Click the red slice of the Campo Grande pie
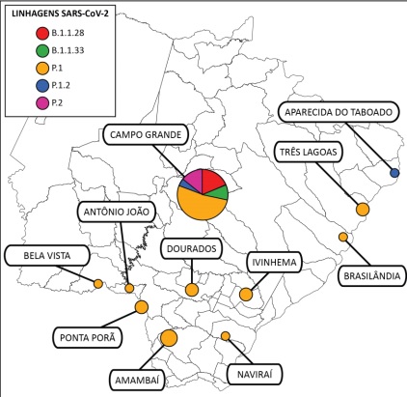pos(212,179)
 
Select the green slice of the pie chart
pos(219,192)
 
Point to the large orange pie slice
pos(200,206)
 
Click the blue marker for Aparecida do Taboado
pos(394,173)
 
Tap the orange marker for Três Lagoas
pos(363,210)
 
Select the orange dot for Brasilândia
pos(343,237)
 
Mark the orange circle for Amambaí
pos(169,338)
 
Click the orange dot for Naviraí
pos(226,336)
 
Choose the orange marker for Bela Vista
pos(98,284)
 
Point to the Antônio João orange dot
pos(129,288)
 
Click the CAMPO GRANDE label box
pos(146,134)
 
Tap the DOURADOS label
pos(191,248)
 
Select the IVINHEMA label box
pos(274,262)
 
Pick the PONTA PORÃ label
pos(87,338)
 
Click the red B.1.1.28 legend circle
pos(42,33)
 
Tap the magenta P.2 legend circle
pos(42,103)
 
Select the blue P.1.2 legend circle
pos(42,86)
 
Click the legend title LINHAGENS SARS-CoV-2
pos(60,14)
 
